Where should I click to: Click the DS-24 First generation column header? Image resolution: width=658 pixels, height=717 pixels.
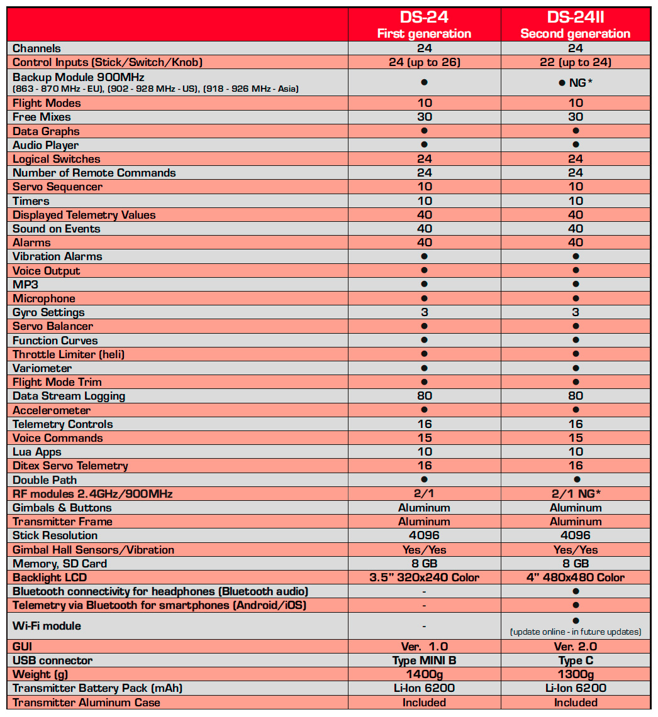pos(424,25)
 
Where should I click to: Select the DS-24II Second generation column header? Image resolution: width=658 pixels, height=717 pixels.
pos(576,25)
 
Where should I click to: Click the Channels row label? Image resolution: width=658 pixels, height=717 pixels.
pos(37,48)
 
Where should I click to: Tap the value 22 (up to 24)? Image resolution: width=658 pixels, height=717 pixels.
pos(576,62)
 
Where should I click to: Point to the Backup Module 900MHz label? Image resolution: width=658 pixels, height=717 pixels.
pos(79,77)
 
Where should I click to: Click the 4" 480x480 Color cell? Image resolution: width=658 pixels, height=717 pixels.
pos(576,577)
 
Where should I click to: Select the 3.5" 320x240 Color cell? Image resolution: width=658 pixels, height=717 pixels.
pos(425,577)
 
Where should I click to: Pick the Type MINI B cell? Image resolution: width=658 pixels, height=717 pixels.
pos(425,660)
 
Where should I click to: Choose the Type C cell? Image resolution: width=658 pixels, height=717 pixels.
pos(576,660)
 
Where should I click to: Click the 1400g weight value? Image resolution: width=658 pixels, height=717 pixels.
pos(425,674)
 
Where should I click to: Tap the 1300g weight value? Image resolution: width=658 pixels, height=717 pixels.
pos(576,674)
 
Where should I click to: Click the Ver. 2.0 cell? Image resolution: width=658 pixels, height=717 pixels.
pos(576,647)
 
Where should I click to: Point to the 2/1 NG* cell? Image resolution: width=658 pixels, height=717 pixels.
pos(576,494)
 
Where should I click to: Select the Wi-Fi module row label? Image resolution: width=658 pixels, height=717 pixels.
pos(47,626)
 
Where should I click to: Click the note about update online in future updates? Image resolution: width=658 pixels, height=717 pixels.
pos(576,632)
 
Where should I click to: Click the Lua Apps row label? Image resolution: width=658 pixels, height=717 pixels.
pos(37,452)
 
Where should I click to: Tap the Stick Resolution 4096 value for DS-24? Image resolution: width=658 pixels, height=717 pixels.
pos(425,535)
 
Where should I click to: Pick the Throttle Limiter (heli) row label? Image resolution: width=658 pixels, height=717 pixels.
pos(69,354)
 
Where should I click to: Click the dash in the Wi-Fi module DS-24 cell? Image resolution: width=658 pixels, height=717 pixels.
pos(425,626)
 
